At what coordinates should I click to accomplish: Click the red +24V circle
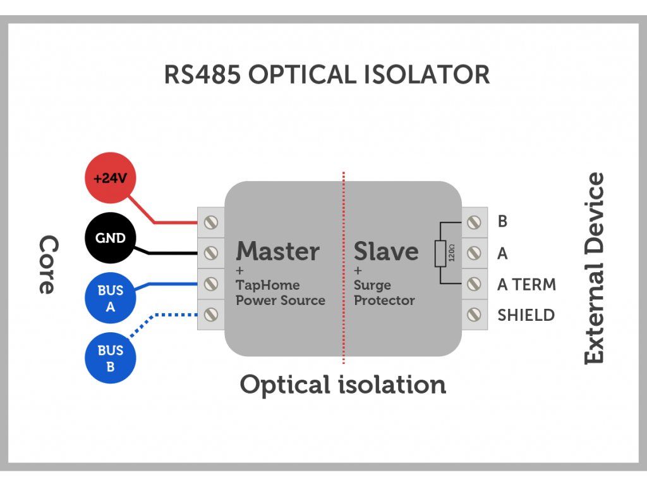point(111,178)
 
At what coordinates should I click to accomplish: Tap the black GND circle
point(111,239)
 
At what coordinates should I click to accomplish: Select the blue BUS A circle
point(111,299)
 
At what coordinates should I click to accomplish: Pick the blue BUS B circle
point(111,358)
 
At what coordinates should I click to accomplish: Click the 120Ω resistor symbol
point(441,253)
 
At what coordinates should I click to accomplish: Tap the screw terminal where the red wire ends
point(212,223)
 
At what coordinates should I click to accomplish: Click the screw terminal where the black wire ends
point(212,253)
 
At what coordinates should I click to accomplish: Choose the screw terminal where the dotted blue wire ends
point(212,315)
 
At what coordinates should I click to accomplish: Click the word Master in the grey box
point(277,251)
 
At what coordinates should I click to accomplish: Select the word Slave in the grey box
point(385,251)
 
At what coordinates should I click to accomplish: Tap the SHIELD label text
point(526,315)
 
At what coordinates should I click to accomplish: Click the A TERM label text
point(526,285)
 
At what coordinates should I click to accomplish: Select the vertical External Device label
point(594,268)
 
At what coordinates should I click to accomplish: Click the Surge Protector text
point(384,293)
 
